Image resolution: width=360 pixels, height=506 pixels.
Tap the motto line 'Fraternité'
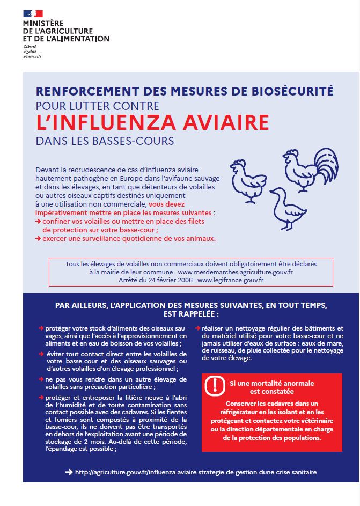tap(32, 56)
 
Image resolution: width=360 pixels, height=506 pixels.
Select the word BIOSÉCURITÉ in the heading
tap(293, 91)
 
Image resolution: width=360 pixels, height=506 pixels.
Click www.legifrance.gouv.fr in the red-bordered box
tap(231, 280)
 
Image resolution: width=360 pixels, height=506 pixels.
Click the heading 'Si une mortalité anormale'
tap(271, 384)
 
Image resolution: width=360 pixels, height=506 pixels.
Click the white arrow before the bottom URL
tap(68, 472)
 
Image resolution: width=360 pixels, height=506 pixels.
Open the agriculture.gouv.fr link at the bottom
tap(196, 472)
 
